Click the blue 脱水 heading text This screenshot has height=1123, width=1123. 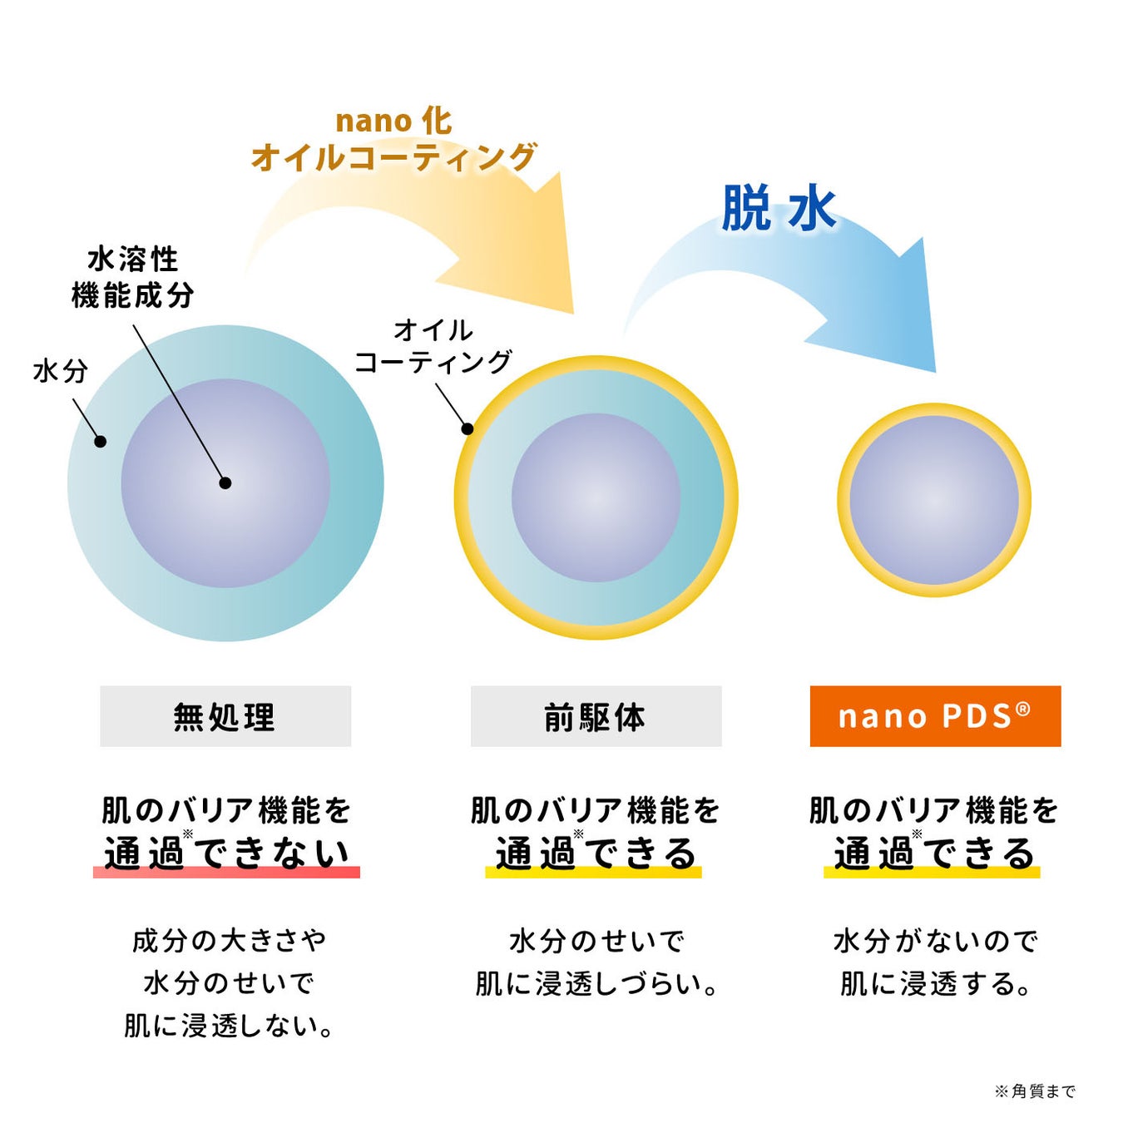coord(778,208)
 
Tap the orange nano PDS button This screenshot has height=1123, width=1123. coord(935,716)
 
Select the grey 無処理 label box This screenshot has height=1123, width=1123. coord(225,716)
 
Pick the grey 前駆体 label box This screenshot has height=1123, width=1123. coord(596,716)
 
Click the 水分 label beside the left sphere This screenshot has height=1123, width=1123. coord(61,371)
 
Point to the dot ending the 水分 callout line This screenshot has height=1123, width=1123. coord(100,442)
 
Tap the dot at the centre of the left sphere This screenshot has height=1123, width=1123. coord(225,482)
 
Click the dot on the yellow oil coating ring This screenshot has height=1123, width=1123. coord(468,429)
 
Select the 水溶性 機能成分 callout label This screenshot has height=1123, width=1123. coord(133,277)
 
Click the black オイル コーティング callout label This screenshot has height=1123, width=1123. coord(433,346)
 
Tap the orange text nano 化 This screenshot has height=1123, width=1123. coord(393,121)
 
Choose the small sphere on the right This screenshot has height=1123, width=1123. coord(934,499)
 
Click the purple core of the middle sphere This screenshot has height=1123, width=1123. coord(596,497)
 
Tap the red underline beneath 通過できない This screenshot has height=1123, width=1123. coord(226,872)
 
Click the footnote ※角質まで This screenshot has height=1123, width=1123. coord(1035,1091)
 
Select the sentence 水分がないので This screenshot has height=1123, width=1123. coord(935,941)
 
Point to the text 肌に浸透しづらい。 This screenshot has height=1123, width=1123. coord(596,984)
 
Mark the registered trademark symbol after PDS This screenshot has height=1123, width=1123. coord(1023,709)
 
